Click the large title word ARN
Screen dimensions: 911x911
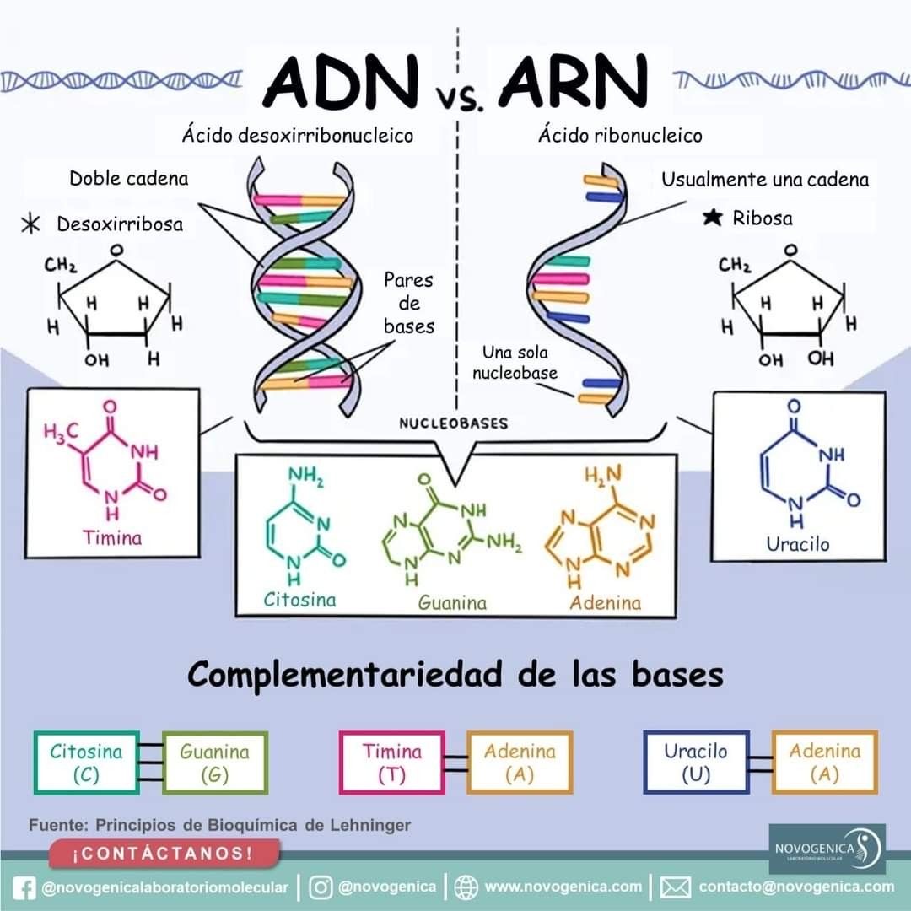574,81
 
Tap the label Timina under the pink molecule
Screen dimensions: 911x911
112,537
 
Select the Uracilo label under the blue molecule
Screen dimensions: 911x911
797,544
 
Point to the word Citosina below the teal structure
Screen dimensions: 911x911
299,600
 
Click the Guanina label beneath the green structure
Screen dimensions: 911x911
453,603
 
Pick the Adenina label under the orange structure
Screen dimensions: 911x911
605,602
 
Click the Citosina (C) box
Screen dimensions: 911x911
86,763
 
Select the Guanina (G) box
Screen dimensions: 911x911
215,763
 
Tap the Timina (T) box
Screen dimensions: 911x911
392,763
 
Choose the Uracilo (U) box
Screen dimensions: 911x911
695,763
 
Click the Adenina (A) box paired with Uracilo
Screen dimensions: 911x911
824,763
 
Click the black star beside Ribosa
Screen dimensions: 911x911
712,218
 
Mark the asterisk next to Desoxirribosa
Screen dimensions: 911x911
32,224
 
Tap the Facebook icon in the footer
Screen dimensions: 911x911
26,887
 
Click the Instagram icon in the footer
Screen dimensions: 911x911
321,887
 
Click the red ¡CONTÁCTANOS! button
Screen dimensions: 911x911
164,854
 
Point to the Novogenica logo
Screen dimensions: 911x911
827,848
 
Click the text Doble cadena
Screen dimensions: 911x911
129,179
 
